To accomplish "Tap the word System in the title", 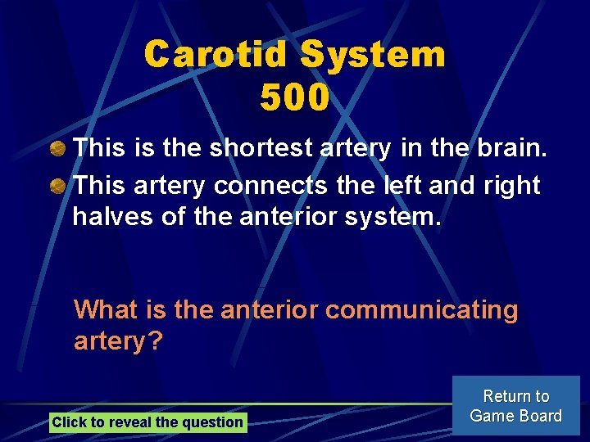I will [x=373, y=56].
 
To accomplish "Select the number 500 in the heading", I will [x=295, y=98].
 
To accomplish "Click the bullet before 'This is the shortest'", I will [x=58, y=149].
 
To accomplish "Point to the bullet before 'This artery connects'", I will [x=58, y=186].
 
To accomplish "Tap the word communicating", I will [x=422, y=310].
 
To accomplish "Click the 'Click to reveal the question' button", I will [x=147, y=422].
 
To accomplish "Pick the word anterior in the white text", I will [x=270, y=217].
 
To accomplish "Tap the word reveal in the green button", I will [x=129, y=422].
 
